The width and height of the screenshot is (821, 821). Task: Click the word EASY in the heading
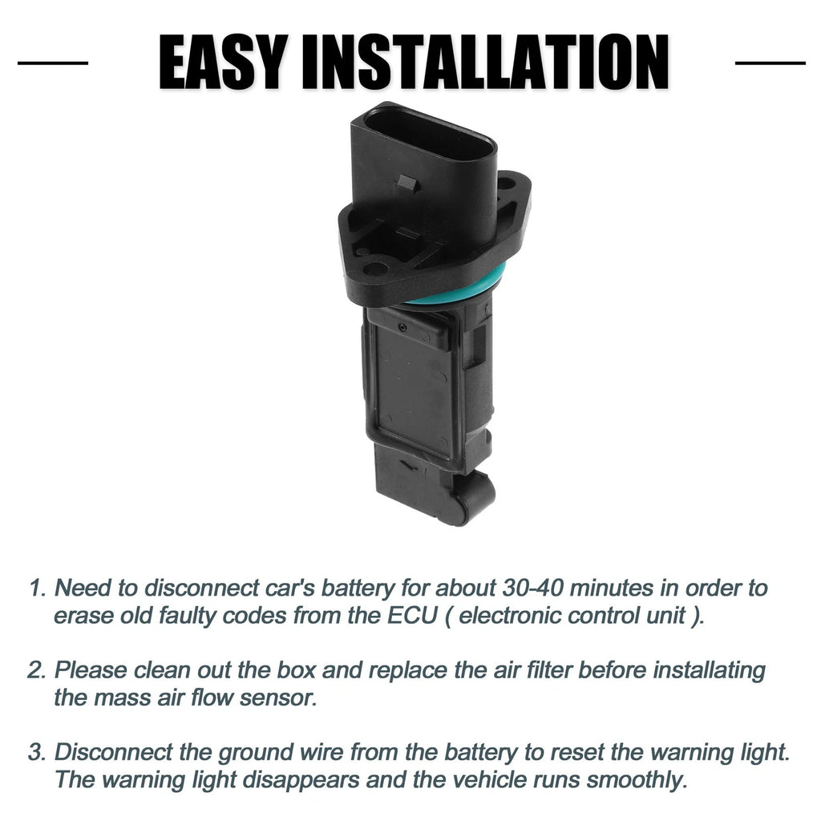tap(223, 63)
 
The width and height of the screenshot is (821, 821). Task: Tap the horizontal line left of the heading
tap(53, 63)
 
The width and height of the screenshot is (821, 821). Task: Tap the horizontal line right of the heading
tap(770, 63)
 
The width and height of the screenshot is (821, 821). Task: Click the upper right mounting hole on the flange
tap(506, 184)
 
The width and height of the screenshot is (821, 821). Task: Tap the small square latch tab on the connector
tap(407, 184)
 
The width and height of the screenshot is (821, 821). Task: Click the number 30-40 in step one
tap(532, 588)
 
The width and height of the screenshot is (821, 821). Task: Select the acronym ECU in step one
tap(412, 615)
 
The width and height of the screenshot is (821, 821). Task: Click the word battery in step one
tap(358, 588)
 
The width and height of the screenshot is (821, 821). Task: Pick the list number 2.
tap(37, 670)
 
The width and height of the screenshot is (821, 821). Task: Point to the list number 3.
tap(37, 752)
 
